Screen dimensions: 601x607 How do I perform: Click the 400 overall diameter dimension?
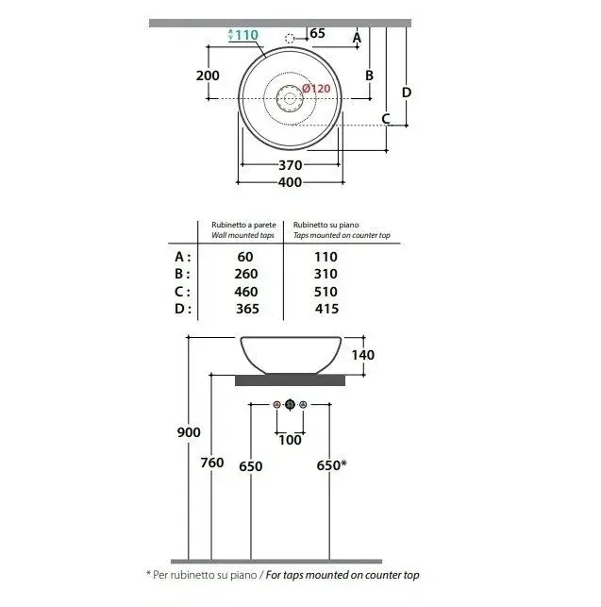[x=290, y=182]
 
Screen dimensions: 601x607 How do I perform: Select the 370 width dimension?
[x=290, y=165]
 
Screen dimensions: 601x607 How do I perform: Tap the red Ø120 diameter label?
[x=316, y=89]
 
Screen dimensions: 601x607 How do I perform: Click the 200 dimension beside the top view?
[x=208, y=76]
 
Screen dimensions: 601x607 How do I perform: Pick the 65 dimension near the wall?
[x=317, y=33]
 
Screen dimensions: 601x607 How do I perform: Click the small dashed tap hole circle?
[x=290, y=39]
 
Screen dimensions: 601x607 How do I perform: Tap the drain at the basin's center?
[x=290, y=98]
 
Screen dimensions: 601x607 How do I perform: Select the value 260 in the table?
[x=246, y=274]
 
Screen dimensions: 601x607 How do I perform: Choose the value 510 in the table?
[x=326, y=292]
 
